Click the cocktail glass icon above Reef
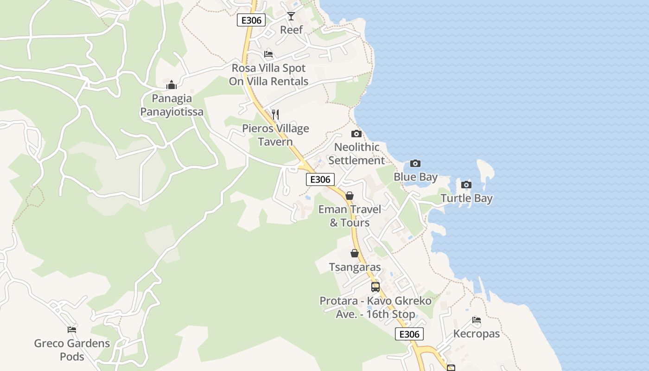pyautogui.click(x=291, y=16)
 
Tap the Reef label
pyautogui.click(x=292, y=30)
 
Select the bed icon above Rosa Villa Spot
pyautogui.click(x=268, y=54)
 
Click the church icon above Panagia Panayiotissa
pyautogui.click(x=172, y=85)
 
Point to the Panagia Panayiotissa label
pyautogui.click(x=172, y=105)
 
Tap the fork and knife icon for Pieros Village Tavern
pyautogui.click(x=275, y=114)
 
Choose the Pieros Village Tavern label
pyautogui.click(x=275, y=135)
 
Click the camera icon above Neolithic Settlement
pyautogui.click(x=356, y=134)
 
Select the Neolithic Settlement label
pyautogui.click(x=359, y=154)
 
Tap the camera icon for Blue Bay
pyautogui.click(x=415, y=163)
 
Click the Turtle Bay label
pyautogui.click(x=466, y=198)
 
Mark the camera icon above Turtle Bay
pyautogui.click(x=466, y=185)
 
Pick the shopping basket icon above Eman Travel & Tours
pyautogui.click(x=350, y=196)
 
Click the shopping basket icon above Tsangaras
pyautogui.click(x=355, y=253)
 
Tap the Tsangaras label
pyautogui.click(x=355, y=267)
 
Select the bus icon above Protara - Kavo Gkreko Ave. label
pyautogui.click(x=375, y=287)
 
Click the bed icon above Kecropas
pyautogui.click(x=477, y=320)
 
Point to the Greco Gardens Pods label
pyautogui.click(x=72, y=350)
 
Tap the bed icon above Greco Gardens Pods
pyautogui.click(x=72, y=330)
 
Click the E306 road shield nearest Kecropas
pyautogui.click(x=409, y=334)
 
